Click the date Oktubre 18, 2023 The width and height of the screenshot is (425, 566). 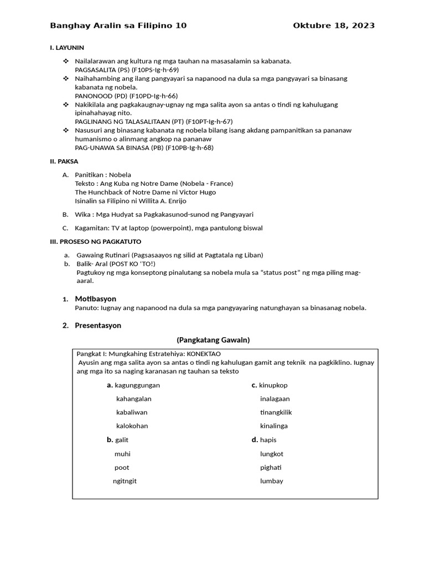coord(334,25)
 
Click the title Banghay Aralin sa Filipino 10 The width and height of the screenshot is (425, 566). coord(118,25)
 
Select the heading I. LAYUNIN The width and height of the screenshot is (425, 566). coord(67,48)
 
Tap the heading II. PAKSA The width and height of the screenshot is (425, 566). coord(64,161)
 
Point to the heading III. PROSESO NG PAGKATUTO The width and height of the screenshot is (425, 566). coord(96,242)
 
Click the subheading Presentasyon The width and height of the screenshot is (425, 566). coord(98,326)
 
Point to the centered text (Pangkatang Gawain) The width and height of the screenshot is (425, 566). coord(213,340)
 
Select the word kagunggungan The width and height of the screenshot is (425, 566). coord(137,385)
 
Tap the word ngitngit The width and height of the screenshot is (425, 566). coord(125,481)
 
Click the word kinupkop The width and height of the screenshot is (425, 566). coord(273,385)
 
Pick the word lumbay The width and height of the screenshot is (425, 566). coord(272,481)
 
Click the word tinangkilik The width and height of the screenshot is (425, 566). coord(276,412)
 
